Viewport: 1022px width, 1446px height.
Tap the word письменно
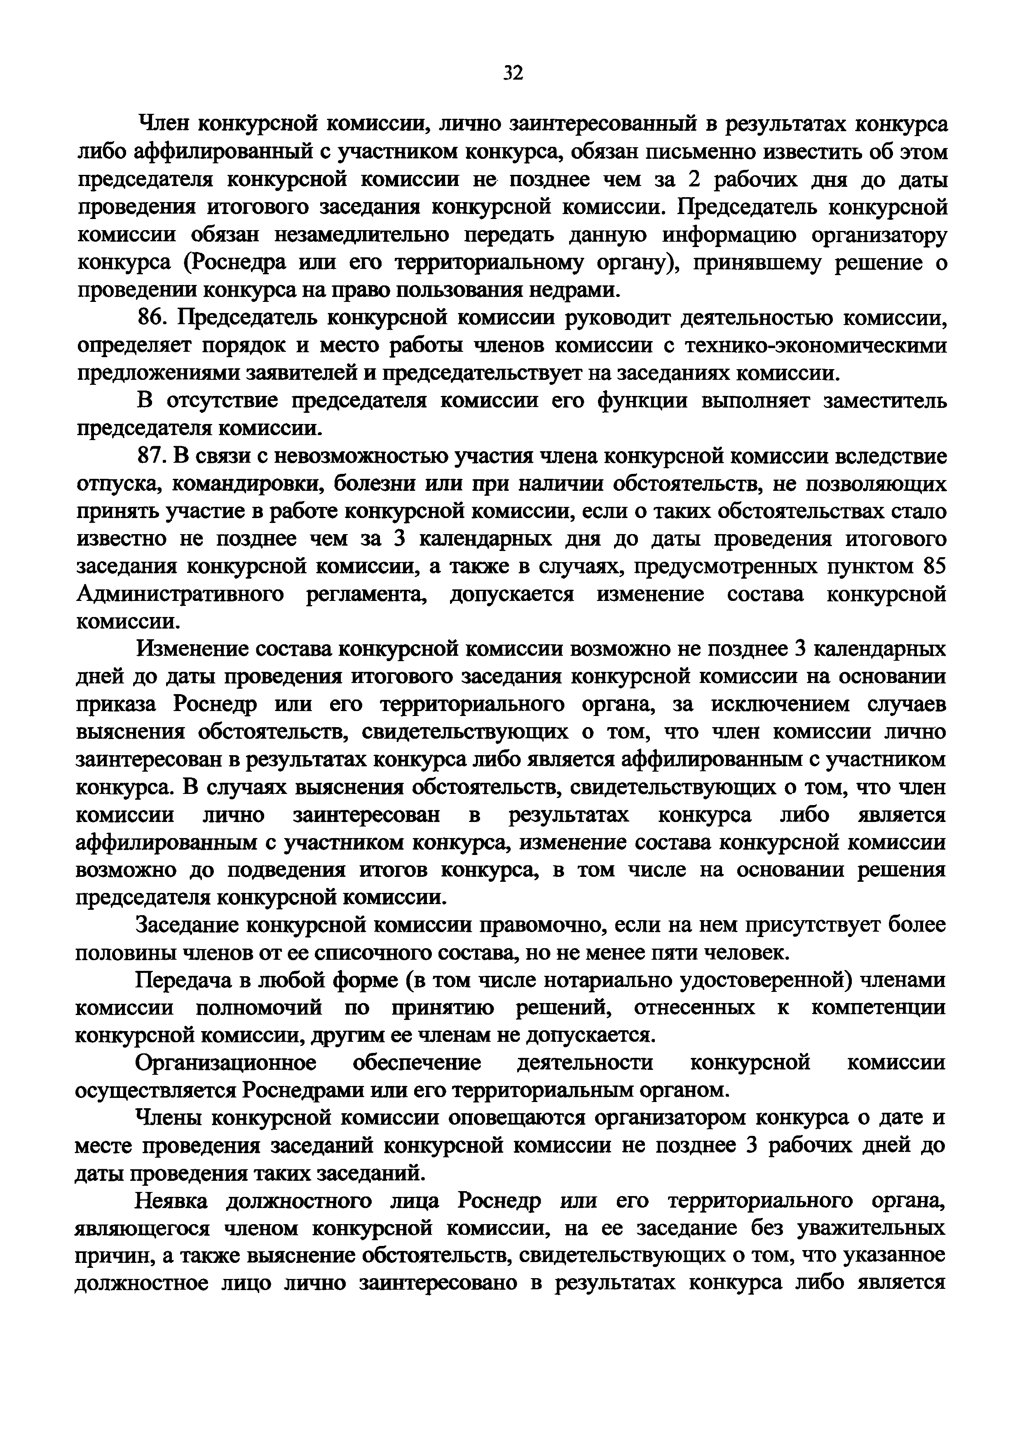(684, 153)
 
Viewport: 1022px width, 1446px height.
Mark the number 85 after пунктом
(933, 567)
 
